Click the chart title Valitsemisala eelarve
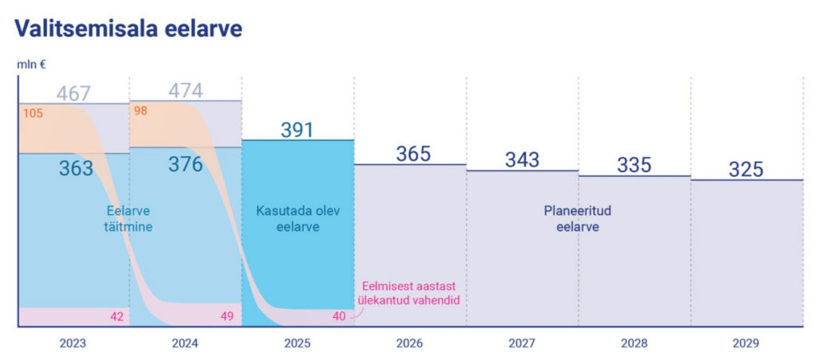coord(128,29)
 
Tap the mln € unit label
coord(32,65)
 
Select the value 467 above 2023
coord(73,93)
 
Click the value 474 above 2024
coord(185,91)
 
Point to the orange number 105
coord(33,113)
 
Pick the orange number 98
coord(141,111)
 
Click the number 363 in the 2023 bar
coord(76,168)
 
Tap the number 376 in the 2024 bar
coord(185,164)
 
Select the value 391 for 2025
coord(297,130)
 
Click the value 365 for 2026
coord(413,154)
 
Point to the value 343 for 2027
coord(522,160)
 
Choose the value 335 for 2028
coord(634,165)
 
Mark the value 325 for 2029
coord(746,170)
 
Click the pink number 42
coord(116,317)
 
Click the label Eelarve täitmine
coord(128,219)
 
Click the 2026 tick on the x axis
coord(410,344)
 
